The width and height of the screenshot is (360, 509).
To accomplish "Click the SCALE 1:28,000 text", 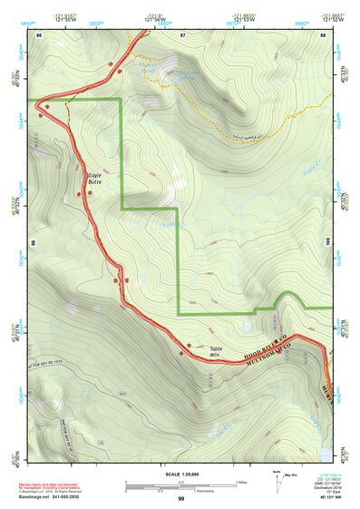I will (x=180, y=475).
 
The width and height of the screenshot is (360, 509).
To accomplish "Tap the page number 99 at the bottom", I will (x=180, y=499).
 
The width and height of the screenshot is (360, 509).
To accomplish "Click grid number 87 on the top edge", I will (x=182, y=34).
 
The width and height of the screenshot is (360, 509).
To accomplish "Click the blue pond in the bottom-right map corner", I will (x=326, y=451).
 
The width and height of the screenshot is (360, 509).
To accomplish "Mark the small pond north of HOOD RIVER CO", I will (x=247, y=324).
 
